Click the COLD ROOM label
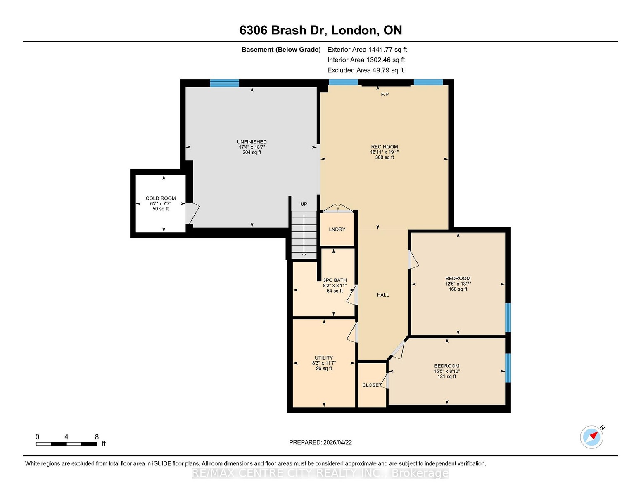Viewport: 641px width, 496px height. click(x=161, y=198)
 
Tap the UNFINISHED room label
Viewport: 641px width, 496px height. click(x=252, y=142)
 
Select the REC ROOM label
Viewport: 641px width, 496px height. click(x=385, y=147)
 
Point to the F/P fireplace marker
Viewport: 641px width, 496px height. click(x=385, y=95)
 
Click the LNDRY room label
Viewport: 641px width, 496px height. click(x=337, y=229)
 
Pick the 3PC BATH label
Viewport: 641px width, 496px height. click(x=335, y=280)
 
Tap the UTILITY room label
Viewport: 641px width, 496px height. click(x=323, y=358)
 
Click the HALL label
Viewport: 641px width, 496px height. click(x=383, y=295)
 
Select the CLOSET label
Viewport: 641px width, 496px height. click(x=372, y=385)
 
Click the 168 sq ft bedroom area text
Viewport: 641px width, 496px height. click(x=458, y=289)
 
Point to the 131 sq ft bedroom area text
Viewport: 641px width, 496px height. click(x=446, y=377)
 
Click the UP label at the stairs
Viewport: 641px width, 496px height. click(x=304, y=204)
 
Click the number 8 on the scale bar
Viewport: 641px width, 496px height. click(x=97, y=437)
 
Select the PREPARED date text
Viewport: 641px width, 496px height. click(x=320, y=442)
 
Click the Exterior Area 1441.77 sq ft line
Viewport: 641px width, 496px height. click(x=367, y=50)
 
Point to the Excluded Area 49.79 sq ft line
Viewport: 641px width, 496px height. click(x=366, y=70)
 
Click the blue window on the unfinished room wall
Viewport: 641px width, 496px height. click(x=224, y=83)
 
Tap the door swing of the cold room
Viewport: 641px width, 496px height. click(x=193, y=213)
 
